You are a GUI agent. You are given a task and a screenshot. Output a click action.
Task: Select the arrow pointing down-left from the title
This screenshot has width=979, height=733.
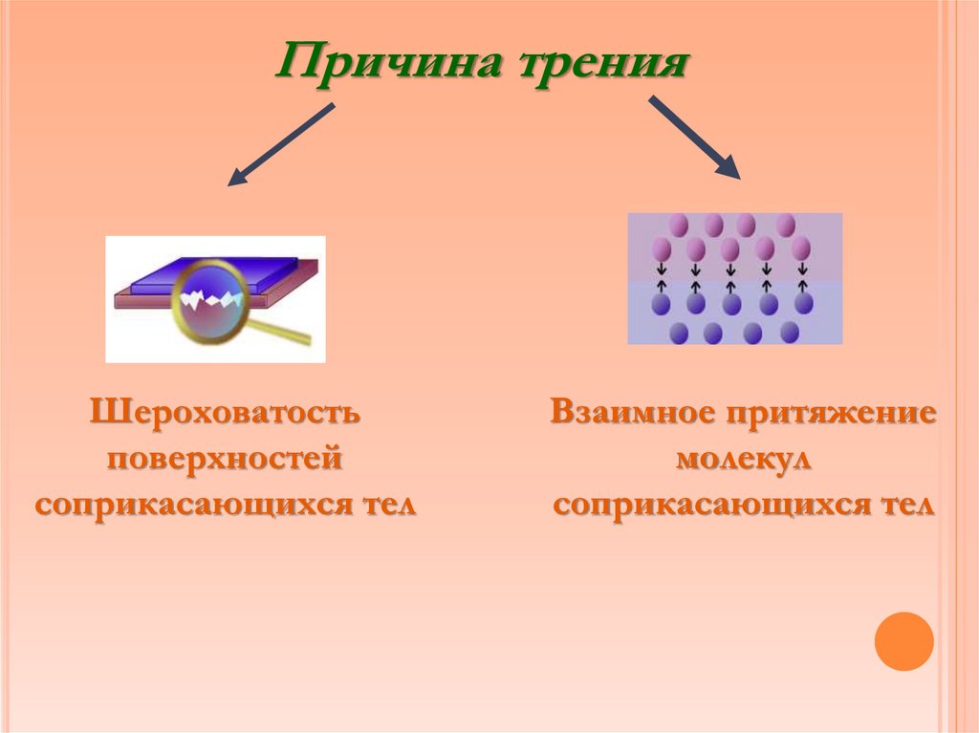tap(281, 144)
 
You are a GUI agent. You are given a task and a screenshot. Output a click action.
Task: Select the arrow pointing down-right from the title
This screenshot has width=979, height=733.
tap(695, 137)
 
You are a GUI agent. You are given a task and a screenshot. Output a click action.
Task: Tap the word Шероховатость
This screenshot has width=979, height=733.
tap(225, 414)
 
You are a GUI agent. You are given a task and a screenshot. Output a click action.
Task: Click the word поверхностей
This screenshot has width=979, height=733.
tap(225, 459)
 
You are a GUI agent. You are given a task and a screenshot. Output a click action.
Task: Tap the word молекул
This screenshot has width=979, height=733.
tap(744, 459)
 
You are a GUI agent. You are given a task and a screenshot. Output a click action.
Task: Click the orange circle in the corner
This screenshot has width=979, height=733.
tap(903, 640)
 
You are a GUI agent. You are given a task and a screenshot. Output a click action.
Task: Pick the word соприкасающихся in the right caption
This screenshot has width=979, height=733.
tap(700, 504)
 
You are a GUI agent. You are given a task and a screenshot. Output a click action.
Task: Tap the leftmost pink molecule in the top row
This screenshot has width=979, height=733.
tap(679, 226)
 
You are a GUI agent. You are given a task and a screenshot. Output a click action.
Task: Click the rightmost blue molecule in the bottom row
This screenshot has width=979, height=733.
tap(790, 332)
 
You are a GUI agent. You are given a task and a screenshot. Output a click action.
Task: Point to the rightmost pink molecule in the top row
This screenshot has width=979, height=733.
tap(786, 226)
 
